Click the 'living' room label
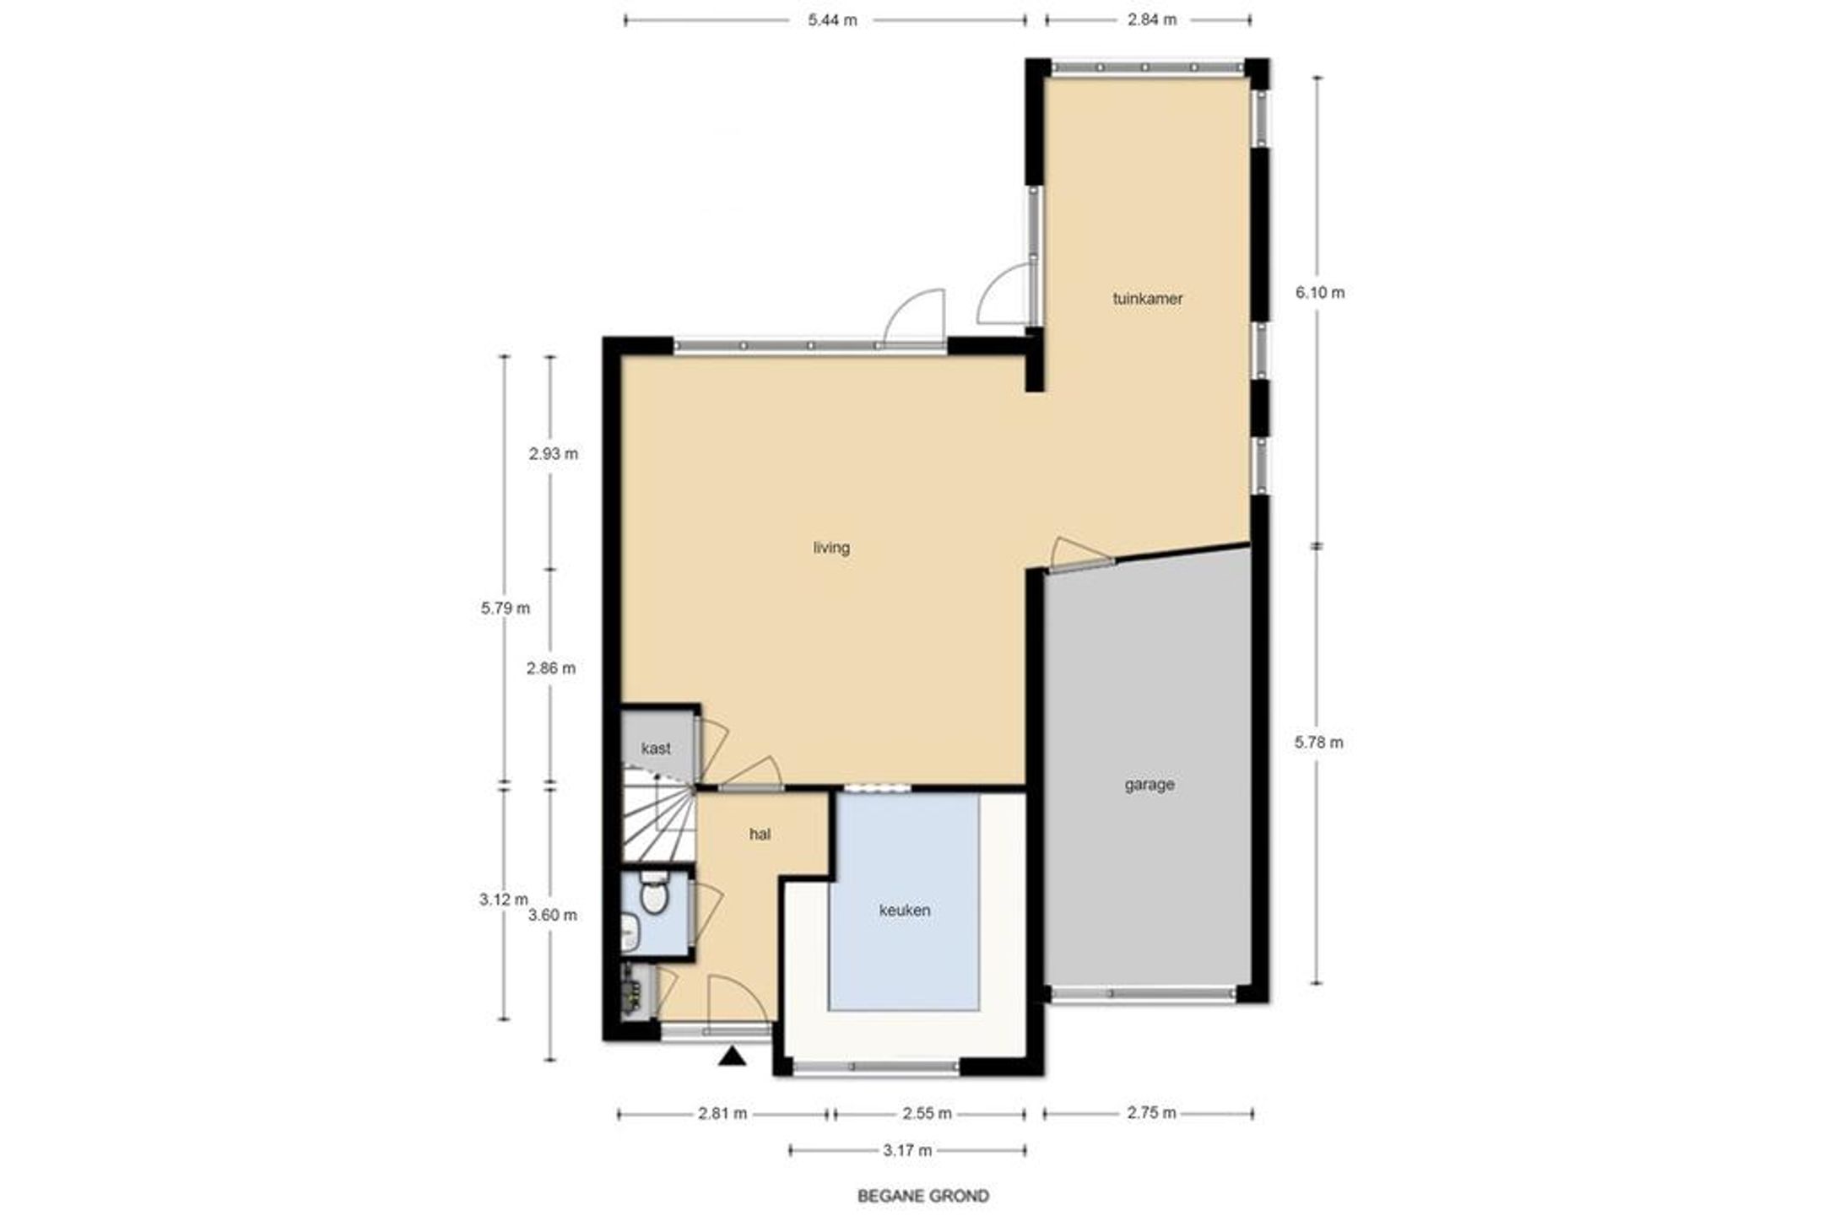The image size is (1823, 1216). click(831, 548)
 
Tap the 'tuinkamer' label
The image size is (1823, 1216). click(1148, 298)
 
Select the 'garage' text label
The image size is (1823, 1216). click(1150, 785)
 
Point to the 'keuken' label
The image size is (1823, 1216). click(905, 911)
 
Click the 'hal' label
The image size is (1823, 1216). click(760, 835)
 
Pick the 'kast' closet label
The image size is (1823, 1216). click(656, 748)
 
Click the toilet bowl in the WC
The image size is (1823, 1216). click(653, 897)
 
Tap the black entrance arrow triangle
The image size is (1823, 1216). click(732, 1056)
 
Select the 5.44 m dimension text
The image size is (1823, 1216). click(832, 20)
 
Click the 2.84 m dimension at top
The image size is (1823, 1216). click(1152, 20)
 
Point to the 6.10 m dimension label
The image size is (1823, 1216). click(1320, 293)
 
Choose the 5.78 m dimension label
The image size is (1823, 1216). click(1318, 743)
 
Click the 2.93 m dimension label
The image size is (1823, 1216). click(554, 454)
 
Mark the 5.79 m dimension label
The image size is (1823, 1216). click(506, 608)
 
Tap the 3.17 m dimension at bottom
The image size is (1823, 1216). click(907, 1150)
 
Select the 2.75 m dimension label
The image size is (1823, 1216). click(1151, 1113)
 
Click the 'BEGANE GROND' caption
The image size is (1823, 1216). click(923, 1196)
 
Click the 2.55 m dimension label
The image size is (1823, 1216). click(927, 1114)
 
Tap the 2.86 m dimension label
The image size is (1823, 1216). click(551, 668)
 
